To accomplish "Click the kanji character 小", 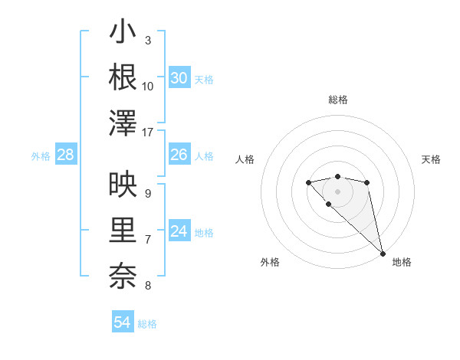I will [x=123, y=34].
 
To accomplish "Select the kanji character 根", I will [x=123, y=77].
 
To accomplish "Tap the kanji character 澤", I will [x=123, y=123].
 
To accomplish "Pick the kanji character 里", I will [x=123, y=230].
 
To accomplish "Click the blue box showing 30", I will [x=179, y=78].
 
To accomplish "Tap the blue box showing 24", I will [x=179, y=231].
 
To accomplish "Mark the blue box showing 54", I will [x=122, y=322].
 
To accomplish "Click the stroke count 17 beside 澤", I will [x=148, y=133].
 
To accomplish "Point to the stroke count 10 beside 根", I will [x=148, y=86].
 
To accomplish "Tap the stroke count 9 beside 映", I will [x=148, y=193].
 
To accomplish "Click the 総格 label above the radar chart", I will [x=337, y=100].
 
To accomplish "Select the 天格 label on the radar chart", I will [x=431, y=159].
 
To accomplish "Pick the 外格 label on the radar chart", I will [x=270, y=262].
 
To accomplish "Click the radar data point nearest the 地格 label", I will [x=383, y=254].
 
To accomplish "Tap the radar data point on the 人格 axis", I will [x=308, y=182].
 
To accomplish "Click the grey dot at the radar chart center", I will [x=337, y=191].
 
